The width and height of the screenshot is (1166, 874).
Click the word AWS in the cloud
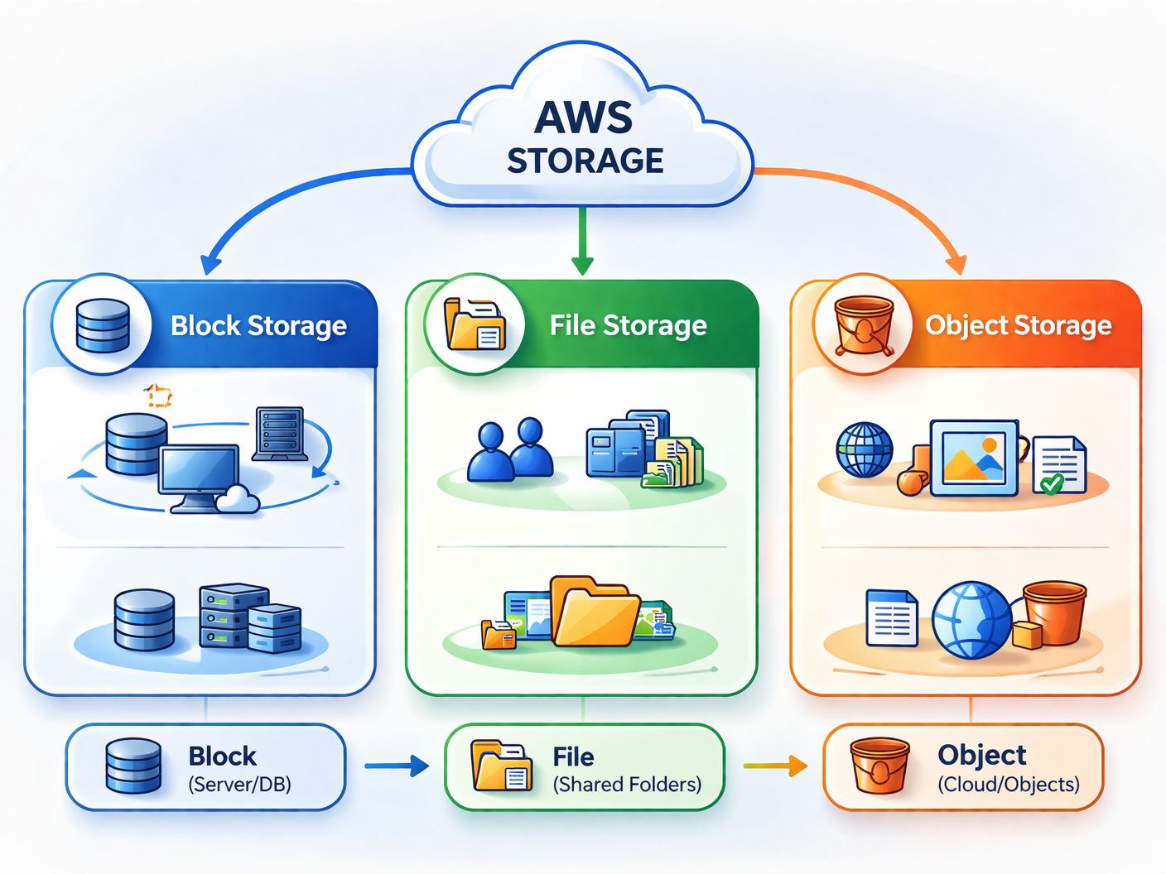[x=584, y=118]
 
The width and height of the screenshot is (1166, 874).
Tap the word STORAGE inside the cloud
[x=585, y=161]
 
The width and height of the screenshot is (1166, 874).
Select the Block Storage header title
[x=258, y=326]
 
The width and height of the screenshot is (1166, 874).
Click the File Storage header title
[x=629, y=326]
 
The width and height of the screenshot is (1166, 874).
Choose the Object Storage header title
[x=1018, y=326]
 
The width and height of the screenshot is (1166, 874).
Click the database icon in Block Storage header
[x=103, y=325]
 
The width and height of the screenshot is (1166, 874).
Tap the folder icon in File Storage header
[x=475, y=324]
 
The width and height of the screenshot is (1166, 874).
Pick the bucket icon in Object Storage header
[x=864, y=325]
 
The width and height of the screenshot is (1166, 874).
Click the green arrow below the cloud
[x=582, y=241]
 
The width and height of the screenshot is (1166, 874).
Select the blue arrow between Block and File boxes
[x=397, y=766]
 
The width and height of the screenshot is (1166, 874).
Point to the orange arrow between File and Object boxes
[x=776, y=766]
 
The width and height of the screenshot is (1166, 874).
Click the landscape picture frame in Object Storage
[x=974, y=458]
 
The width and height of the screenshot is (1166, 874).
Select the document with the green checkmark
[x=1059, y=466]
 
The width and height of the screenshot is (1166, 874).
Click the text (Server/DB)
[x=240, y=785]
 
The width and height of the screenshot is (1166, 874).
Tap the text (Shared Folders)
[x=627, y=785]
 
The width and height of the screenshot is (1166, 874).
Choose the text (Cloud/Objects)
[x=1009, y=785]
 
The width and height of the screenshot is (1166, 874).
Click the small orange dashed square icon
[x=157, y=396]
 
